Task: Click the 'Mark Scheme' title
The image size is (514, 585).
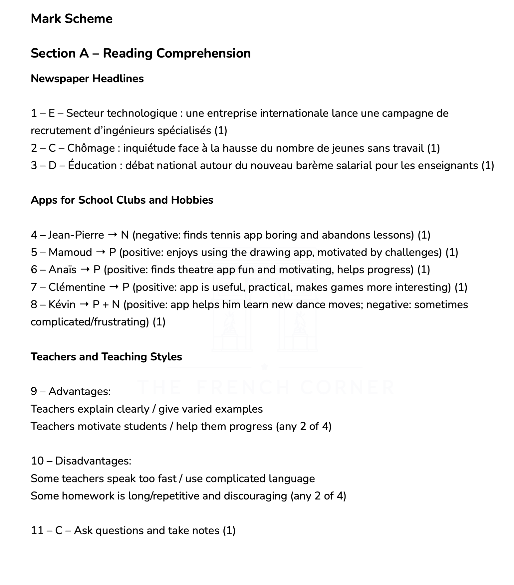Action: (72, 19)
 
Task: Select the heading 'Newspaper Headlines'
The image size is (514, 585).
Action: (87, 79)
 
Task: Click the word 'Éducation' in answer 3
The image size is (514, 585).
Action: (92, 165)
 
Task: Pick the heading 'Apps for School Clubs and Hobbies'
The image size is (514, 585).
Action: (122, 200)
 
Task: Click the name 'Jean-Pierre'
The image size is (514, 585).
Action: (76, 235)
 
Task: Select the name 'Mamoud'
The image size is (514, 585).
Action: (70, 252)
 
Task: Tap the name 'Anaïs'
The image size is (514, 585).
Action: (63, 270)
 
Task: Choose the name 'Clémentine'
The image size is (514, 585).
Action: (77, 287)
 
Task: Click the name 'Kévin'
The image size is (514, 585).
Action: (62, 304)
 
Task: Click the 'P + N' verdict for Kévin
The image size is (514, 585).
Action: (106, 304)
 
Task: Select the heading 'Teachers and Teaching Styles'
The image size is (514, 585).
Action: (106, 357)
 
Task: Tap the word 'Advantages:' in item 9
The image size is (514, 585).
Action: (80, 391)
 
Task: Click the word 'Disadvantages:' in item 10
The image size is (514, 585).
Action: (93, 461)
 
